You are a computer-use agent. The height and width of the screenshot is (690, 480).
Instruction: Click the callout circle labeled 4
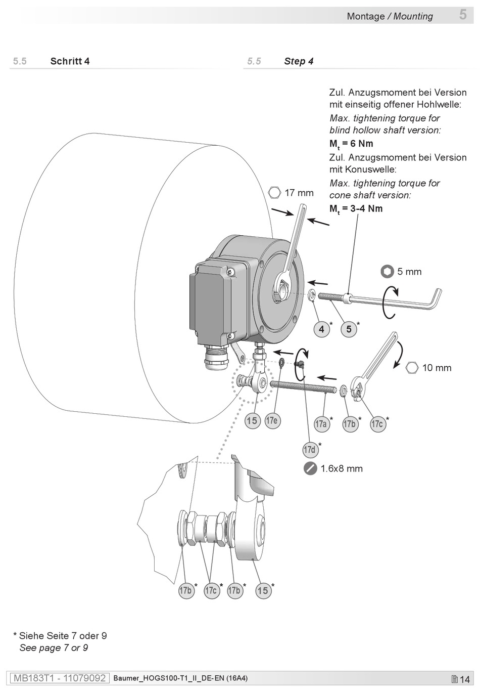[321, 329]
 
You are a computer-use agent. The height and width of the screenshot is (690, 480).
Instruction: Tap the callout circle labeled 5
[349, 329]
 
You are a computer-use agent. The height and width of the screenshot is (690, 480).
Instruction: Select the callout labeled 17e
[273, 420]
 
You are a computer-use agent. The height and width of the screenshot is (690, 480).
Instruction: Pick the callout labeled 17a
[321, 424]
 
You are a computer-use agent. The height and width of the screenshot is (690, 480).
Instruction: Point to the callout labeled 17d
[310, 449]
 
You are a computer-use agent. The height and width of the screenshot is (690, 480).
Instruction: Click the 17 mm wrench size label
[299, 193]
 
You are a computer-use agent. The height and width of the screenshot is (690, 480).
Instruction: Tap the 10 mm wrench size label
[437, 368]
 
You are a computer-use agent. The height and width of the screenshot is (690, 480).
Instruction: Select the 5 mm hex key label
[410, 271]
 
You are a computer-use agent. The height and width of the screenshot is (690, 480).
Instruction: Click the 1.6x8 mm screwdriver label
[342, 468]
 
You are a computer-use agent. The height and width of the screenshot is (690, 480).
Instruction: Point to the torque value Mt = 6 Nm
[351, 144]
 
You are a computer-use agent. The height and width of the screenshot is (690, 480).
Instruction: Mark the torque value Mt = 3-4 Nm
[356, 209]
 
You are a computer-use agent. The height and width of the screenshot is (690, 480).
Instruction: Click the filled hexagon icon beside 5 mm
[387, 271]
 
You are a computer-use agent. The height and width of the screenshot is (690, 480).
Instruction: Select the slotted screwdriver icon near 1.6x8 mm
[310, 468]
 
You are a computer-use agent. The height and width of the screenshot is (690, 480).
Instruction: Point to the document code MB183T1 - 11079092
[60, 678]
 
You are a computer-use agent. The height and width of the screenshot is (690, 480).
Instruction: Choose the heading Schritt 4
[70, 61]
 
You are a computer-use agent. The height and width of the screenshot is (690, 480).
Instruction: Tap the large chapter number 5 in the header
[463, 15]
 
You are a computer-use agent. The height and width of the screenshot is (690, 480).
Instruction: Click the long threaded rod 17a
[303, 387]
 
